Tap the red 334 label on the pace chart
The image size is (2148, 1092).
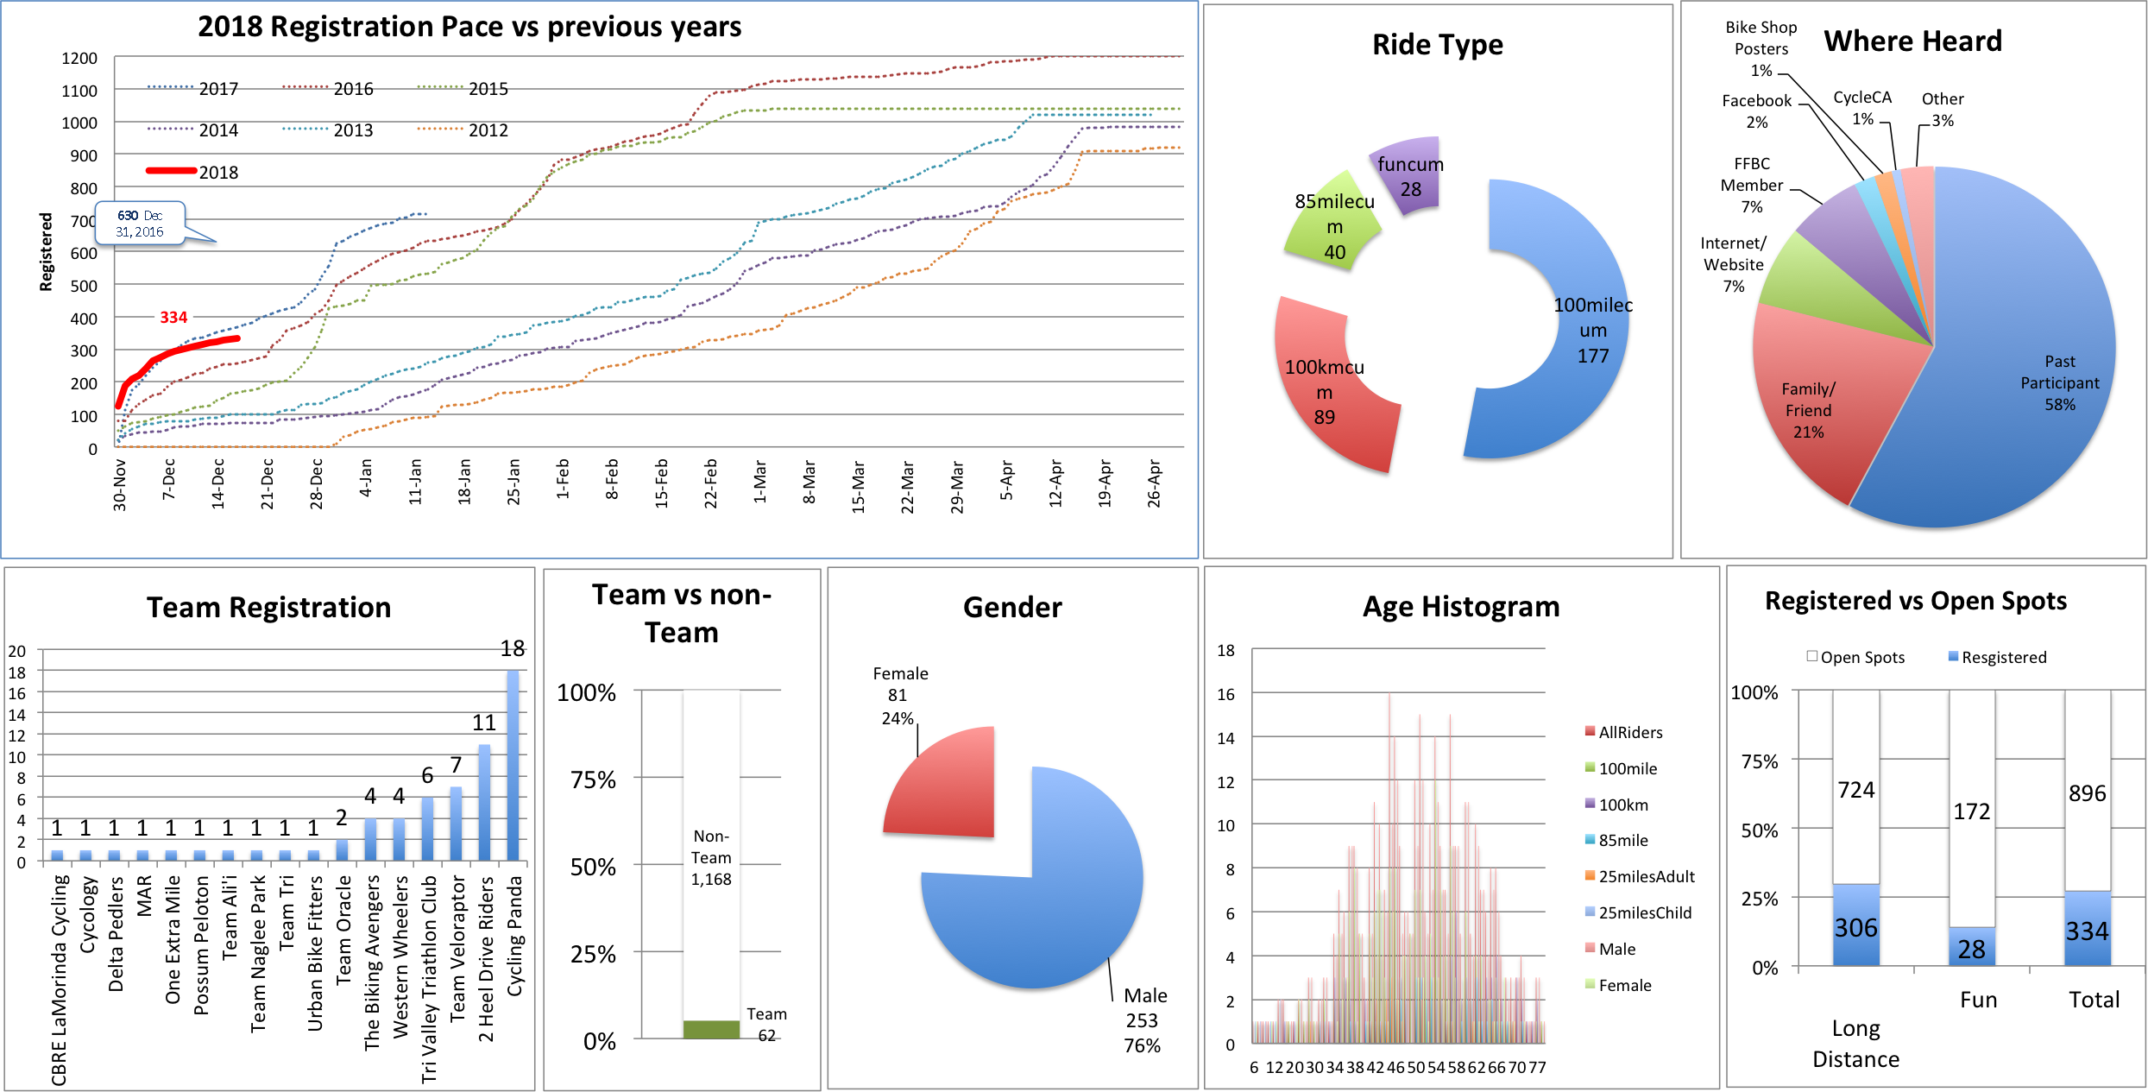[x=173, y=318]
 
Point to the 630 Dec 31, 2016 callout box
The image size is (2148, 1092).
[x=141, y=224]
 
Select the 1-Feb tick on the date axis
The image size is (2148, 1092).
[x=563, y=479]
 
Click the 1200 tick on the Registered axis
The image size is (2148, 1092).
[x=79, y=59]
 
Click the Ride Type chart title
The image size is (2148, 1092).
[x=1437, y=45]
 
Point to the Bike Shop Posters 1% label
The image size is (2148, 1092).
[x=1761, y=49]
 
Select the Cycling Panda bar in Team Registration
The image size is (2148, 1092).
[x=513, y=765]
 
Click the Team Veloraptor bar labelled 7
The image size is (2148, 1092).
[x=456, y=824]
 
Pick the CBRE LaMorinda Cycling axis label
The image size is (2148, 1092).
[x=59, y=980]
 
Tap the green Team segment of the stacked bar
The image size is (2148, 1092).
[x=711, y=1029]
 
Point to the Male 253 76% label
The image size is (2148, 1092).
[x=1143, y=1019]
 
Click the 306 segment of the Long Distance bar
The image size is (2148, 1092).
[x=1855, y=925]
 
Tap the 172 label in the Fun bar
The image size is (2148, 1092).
[x=1971, y=811]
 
